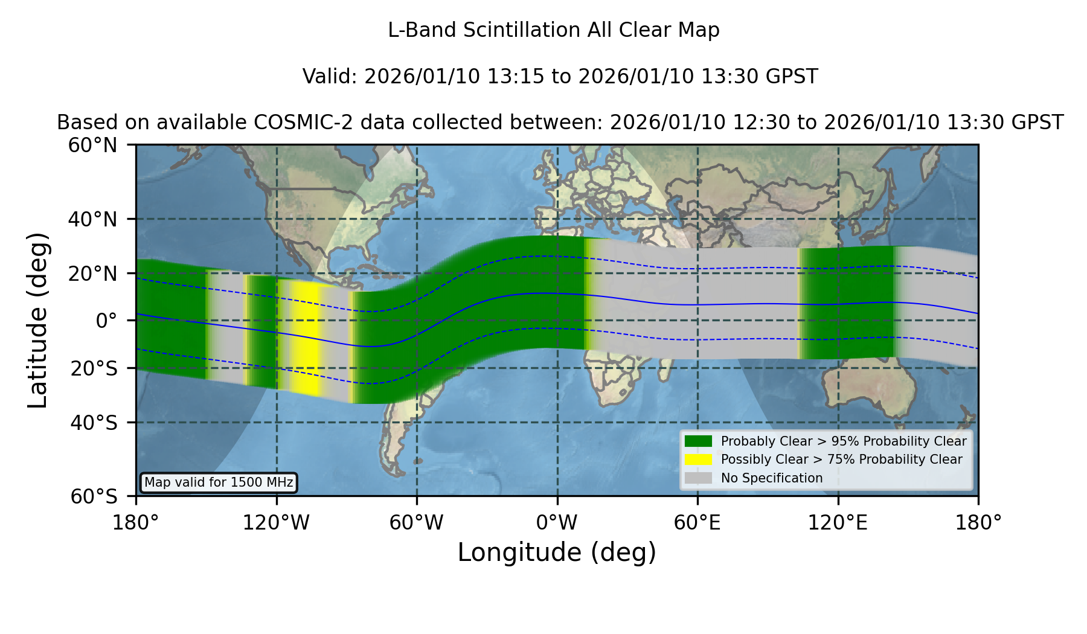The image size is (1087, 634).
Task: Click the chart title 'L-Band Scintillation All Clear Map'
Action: (x=554, y=30)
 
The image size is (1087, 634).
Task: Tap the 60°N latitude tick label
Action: (x=93, y=145)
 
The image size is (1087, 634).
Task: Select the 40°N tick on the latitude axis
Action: (x=93, y=219)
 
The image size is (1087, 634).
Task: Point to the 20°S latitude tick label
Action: (x=94, y=368)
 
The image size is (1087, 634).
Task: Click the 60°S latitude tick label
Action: (x=94, y=496)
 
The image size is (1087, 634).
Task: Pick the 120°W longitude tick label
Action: (x=277, y=522)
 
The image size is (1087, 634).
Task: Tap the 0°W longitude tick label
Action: (x=557, y=522)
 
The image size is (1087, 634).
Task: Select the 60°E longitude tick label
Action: (x=697, y=522)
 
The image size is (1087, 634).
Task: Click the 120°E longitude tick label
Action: (x=838, y=522)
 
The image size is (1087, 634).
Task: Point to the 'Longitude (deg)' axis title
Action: (x=557, y=552)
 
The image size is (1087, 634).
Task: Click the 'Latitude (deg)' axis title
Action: (x=37, y=320)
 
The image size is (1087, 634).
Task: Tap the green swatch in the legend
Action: (x=698, y=441)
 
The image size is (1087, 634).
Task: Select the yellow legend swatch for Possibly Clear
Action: (x=698, y=459)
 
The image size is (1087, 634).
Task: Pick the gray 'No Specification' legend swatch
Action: (x=698, y=478)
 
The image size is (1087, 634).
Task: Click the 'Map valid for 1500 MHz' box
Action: (x=219, y=482)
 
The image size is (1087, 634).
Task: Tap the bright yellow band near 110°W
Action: (x=307, y=338)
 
